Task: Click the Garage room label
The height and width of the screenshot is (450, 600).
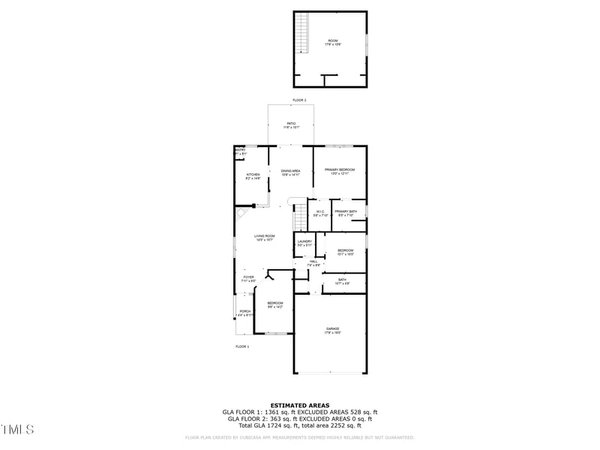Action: coord(332,329)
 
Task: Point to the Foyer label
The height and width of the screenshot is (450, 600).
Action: coord(248,278)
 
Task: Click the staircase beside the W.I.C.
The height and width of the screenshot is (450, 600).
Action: coord(299,216)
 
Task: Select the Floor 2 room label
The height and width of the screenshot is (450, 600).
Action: coord(332,42)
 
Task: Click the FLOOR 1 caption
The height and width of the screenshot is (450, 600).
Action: coord(242,346)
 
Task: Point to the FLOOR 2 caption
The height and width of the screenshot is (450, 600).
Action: coord(299,100)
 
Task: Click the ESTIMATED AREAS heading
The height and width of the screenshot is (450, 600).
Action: coord(299,405)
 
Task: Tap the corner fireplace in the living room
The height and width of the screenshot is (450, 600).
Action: coord(241,213)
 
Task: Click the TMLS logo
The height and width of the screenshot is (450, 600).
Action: coord(17,430)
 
